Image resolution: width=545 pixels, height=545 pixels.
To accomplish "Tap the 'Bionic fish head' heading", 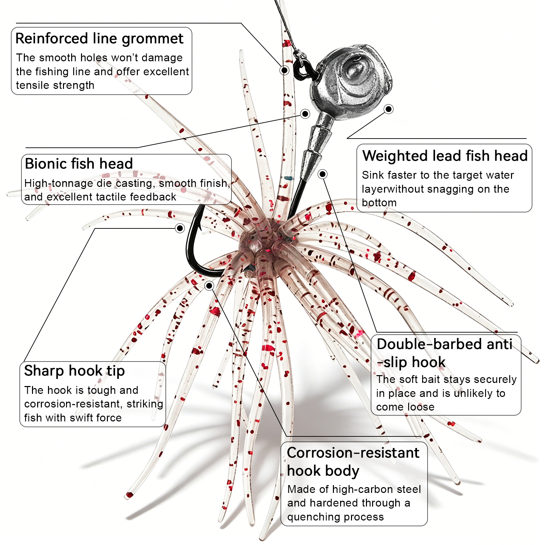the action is pos(79,164).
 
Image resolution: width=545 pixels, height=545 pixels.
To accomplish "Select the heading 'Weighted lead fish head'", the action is pos(445,156).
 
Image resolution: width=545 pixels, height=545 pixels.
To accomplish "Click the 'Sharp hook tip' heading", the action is pos(74,371).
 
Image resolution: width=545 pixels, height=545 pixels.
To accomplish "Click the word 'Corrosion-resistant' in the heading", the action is pos(353,453).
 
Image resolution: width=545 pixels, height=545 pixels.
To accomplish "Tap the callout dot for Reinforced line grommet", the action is pos(284,70).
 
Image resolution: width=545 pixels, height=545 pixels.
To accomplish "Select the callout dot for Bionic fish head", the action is pos(305,114).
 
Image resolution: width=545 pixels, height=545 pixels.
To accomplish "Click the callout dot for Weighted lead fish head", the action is pos(388,109).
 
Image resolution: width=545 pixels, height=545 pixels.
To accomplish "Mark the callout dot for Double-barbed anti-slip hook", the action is pos(322,174).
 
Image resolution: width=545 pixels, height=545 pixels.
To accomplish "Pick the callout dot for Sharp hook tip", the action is pos(180,228).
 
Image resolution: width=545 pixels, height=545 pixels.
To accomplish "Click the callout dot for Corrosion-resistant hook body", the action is pos(209,286).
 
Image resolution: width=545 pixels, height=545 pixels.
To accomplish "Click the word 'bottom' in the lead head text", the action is pos(379,203).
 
